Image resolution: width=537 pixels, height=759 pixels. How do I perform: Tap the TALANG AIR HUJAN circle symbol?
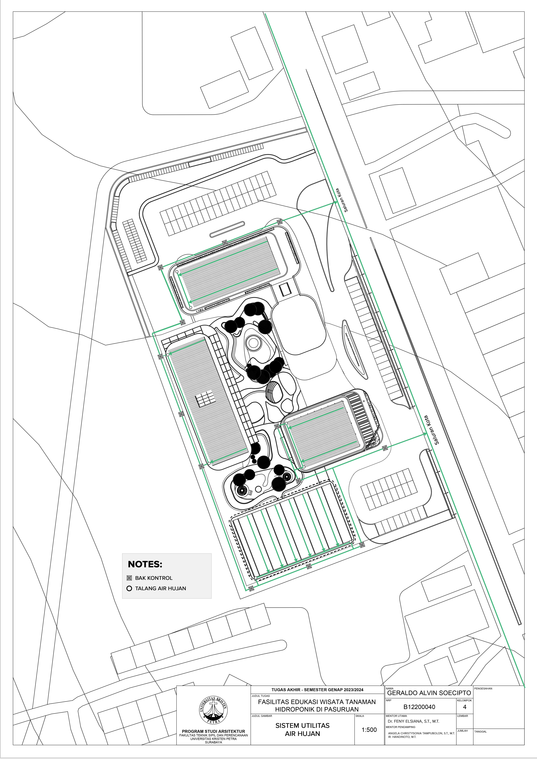[129, 588]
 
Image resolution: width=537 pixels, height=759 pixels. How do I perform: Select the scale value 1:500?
[369, 730]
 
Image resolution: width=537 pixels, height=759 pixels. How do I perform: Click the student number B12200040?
[419, 707]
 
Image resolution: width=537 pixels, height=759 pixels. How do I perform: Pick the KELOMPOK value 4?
[465, 707]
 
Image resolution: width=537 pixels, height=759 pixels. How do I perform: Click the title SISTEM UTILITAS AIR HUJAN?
[302, 730]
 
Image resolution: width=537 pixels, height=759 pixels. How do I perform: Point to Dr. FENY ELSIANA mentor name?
[413, 721]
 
